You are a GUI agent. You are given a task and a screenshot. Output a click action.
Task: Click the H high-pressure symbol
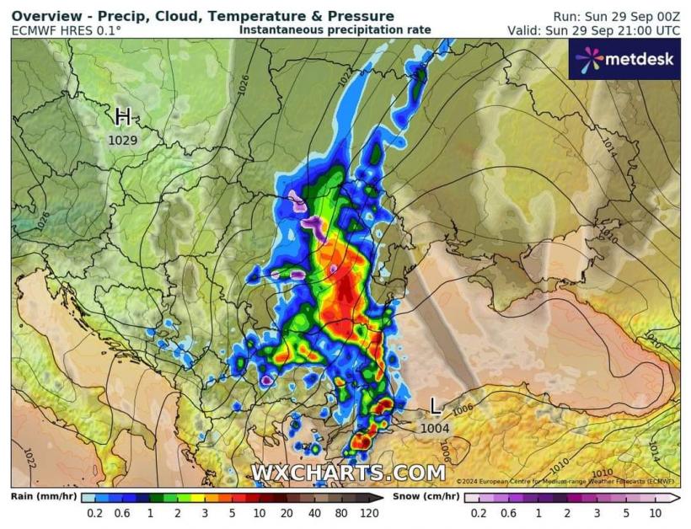[124, 116]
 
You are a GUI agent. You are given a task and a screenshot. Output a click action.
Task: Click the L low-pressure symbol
[435, 407]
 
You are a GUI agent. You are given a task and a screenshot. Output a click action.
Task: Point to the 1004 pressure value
[435, 429]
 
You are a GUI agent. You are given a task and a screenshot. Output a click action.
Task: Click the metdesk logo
[624, 59]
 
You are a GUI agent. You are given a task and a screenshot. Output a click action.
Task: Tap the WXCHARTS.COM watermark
[347, 473]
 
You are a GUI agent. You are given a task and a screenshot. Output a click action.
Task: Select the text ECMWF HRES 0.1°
[66, 30]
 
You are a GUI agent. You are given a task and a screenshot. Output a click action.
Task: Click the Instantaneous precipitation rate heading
[335, 29]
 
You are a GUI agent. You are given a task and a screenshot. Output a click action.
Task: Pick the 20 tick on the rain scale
[287, 513]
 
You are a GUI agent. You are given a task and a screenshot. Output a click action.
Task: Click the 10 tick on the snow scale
[655, 513]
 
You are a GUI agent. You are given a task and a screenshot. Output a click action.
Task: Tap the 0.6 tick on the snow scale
[508, 513]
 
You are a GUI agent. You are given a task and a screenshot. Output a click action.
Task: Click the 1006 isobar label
[463, 409]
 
